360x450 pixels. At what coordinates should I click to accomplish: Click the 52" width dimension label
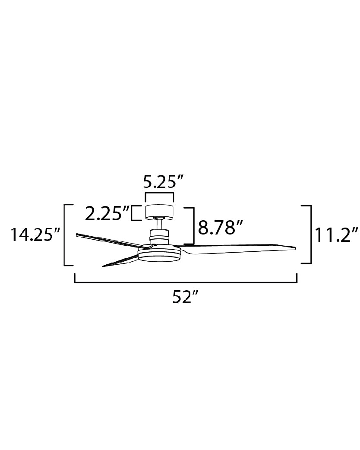[x=186, y=297]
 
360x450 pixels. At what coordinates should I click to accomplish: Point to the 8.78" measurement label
[x=221, y=228]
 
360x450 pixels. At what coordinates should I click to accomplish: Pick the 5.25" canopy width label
[x=163, y=182]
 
